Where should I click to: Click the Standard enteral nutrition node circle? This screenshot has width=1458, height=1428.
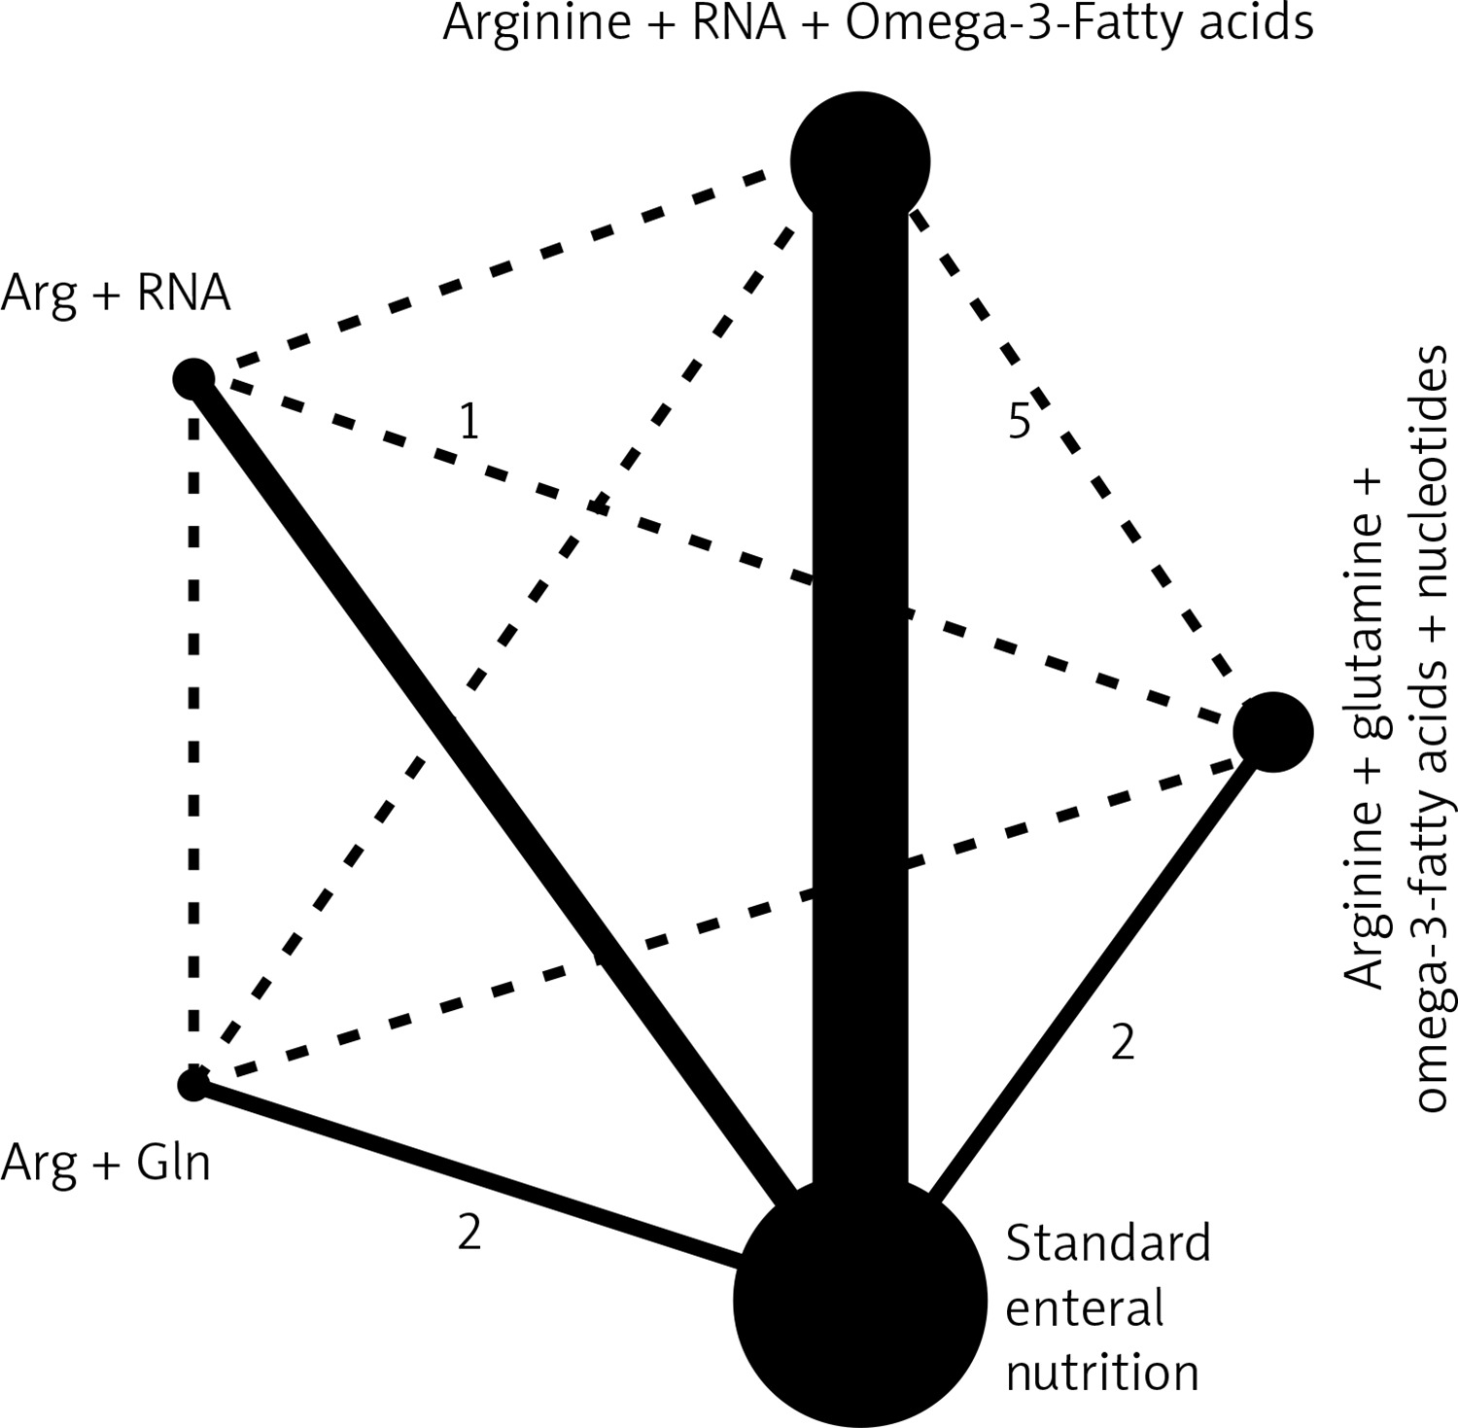coord(859,1301)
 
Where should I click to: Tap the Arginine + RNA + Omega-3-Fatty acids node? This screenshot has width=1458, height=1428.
coord(860,161)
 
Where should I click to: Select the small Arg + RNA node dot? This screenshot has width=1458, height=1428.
coord(193,377)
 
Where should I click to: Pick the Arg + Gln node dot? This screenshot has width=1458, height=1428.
coord(193,1082)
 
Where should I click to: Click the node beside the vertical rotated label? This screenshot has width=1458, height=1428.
coord(1272,731)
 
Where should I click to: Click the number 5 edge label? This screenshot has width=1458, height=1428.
coord(1018,422)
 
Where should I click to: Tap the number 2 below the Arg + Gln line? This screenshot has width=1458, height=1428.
coord(469,1233)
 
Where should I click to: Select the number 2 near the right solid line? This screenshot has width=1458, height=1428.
coord(1123,1043)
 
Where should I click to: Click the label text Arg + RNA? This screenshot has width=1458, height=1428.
coord(116,292)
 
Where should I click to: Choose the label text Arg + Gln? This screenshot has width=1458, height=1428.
coord(105,1162)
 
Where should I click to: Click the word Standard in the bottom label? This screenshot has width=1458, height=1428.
coord(1108,1243)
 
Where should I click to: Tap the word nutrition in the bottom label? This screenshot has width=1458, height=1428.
coord(1102,1373)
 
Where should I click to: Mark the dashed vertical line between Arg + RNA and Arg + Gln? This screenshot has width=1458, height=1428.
coord(194,729)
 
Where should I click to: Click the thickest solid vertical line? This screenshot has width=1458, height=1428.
coord(860,680)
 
